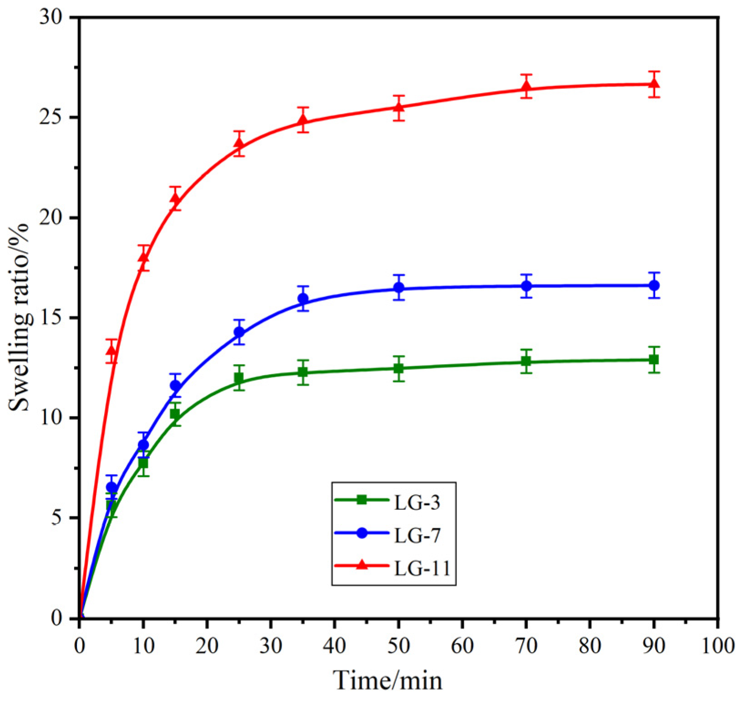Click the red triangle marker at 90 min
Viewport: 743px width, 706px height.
pyautogui.click(x=654, y=84)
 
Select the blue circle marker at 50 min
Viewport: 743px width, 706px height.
pyautogui.click(x=399, y=288)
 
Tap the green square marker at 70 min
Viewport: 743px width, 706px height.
pyautogui.click(x=526, y=361)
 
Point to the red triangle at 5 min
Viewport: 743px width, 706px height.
pyautogui.click(x=111, y=351)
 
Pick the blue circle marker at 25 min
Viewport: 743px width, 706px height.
pyautogui.click(x=239, y=332)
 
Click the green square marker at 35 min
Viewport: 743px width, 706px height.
pyautogui.click(x=303, y=372)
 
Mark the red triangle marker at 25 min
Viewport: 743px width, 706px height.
pyautogui.click(x=239, y=144)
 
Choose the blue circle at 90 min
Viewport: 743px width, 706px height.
pyautogui.click(x=654, y=285)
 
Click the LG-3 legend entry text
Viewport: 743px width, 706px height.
pyautogui.click(x=417, y=503)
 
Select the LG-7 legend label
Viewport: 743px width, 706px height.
pyautogui.click(x=417, y=536)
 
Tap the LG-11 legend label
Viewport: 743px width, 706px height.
pyautogui.click(x=422, y=569)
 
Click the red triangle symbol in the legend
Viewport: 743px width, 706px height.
pyautogui.click(x=362, y=565)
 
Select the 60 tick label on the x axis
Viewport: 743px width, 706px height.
pyautogui.click(x=462, y=645)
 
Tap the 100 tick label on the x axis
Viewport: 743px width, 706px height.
pyautogui.click(x=717, y=645)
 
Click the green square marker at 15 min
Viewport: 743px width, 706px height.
pyautogui.click(x=175, y=414)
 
